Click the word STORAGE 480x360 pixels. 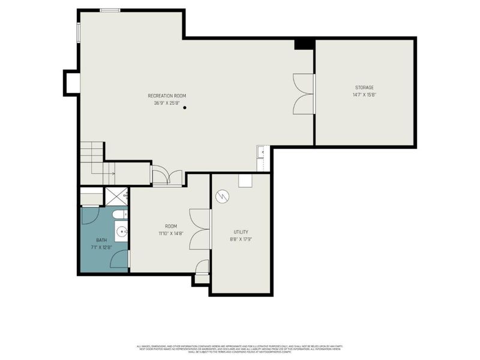364,88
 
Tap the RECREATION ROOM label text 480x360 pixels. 167,96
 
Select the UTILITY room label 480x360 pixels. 241,232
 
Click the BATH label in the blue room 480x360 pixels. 101,240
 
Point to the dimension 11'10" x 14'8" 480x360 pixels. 170,234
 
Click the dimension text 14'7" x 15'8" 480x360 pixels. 364,95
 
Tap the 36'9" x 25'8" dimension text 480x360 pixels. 167,103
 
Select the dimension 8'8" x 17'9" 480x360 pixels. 241,239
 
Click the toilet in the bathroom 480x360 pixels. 119,214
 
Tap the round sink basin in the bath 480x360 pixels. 122,230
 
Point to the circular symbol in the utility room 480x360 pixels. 223,196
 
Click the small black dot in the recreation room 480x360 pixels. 185,108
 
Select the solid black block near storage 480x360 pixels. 304,44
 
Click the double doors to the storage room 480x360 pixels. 304,94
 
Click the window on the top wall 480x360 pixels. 110,10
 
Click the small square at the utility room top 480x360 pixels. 245,181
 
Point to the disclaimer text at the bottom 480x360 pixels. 240,349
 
